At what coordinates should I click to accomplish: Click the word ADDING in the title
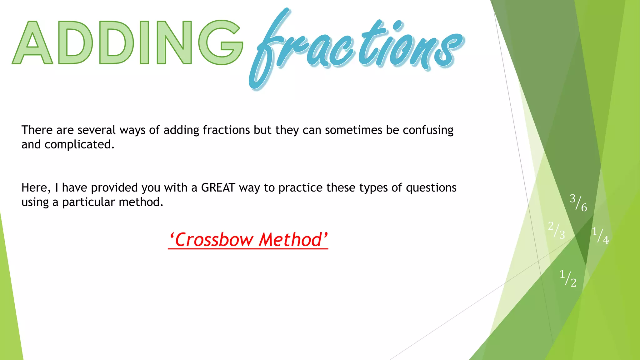coord(127,42)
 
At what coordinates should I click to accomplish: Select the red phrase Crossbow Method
coord(248,240)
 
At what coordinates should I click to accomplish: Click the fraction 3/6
coord(578,202)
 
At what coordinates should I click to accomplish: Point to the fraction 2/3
coord(557,230)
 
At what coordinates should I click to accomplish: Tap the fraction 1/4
coord(600,235)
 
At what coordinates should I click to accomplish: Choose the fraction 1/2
coord(568,278)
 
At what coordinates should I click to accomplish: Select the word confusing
coord(428,130)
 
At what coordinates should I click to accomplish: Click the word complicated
coord(79,144)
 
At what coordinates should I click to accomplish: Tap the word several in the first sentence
coord(97,130)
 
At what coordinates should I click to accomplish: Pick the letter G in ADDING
coord(220,42)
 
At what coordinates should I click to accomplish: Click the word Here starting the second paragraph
coord(34,188)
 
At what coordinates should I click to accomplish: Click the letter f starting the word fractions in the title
coord(269,47)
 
